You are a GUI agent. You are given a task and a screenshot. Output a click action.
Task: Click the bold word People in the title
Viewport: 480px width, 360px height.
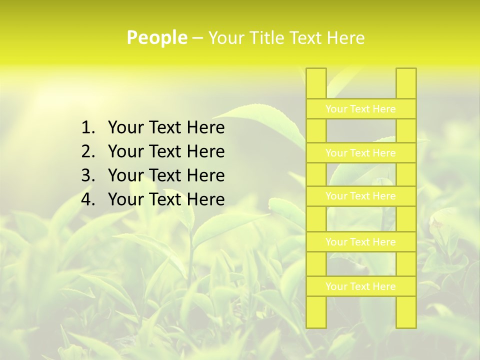[157, 37]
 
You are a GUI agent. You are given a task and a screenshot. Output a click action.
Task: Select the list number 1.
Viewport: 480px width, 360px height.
[87, 128]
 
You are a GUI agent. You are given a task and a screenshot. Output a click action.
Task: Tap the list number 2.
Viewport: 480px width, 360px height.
[87, 151]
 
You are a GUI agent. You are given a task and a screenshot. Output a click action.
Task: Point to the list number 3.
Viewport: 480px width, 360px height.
[87, 175]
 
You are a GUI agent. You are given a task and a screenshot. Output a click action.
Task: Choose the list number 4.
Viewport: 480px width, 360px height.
[87, 199]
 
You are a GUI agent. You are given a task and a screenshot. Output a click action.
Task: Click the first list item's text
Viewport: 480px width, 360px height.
[166, 128]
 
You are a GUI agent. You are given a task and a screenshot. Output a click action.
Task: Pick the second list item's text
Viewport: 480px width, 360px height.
[166, 151]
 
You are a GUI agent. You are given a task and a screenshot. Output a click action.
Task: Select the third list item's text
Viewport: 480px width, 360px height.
[166, 175]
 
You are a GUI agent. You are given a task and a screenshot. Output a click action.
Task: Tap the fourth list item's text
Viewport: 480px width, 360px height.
[166, 199]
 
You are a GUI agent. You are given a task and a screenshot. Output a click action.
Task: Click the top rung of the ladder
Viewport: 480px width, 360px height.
[360, 109]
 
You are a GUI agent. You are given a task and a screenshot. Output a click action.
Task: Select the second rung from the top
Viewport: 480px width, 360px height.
[360, 153]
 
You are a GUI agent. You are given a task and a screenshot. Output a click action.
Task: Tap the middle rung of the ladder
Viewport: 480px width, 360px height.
[360, 196]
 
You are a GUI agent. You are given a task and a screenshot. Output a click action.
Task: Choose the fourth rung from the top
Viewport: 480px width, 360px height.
[360, 242]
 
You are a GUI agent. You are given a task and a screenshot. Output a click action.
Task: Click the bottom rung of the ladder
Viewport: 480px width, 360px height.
[360, 286]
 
